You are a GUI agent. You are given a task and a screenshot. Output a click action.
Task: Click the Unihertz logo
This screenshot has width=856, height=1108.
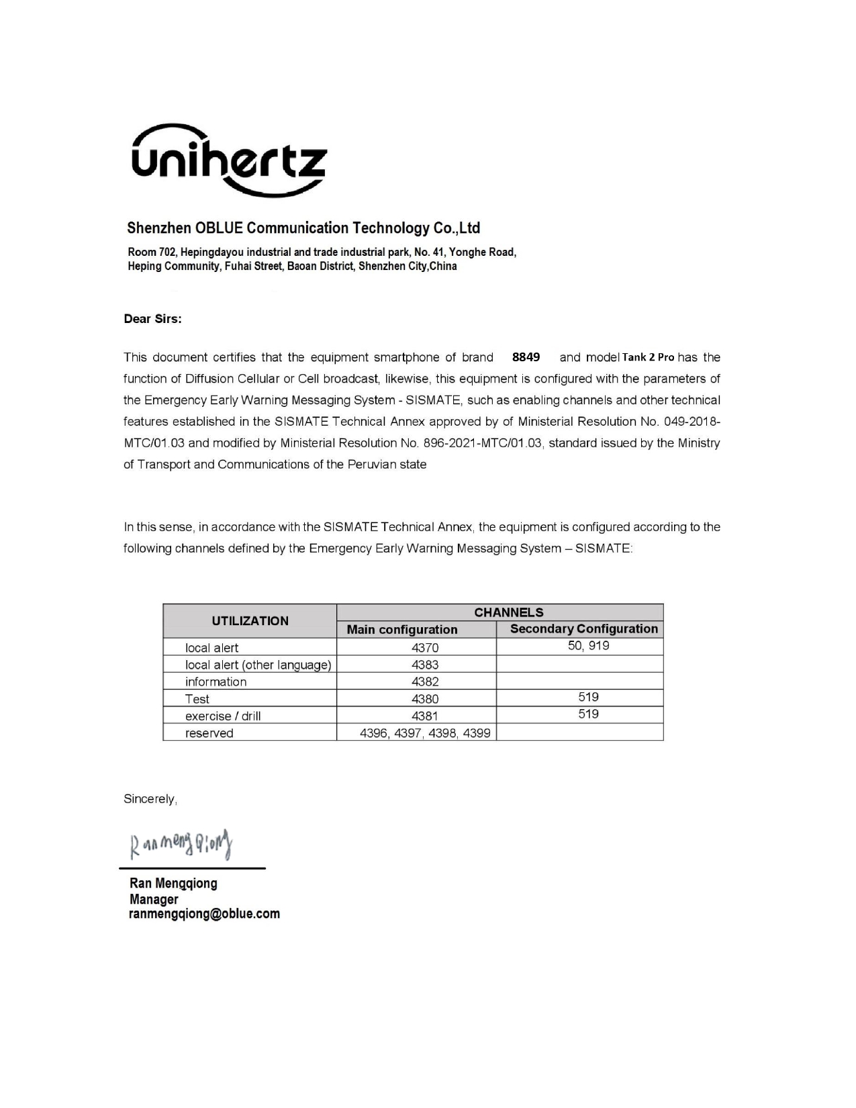click(x=228, y=161)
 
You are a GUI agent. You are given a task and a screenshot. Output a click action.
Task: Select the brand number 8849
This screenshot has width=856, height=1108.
click(x=526, y=357)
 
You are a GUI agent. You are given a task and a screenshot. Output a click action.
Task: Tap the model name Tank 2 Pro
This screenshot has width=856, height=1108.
click(x=648, y=357)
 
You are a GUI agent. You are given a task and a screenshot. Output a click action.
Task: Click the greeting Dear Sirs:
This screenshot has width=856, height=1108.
click(x=152, y=319)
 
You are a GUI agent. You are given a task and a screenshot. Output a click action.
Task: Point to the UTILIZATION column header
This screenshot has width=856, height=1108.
click(x=250, y=621)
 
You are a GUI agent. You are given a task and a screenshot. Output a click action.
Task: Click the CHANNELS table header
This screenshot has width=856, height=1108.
click(x=508, y=612)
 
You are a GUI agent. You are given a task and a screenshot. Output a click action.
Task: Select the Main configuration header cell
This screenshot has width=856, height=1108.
click(x=401, y=630)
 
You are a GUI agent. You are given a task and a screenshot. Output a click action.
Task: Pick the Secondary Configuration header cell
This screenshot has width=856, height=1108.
click(x=583, y=629)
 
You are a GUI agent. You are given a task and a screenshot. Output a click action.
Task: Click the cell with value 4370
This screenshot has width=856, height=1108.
click(x=424, y=648)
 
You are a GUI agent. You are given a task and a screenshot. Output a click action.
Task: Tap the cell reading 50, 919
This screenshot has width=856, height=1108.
click(x=588, y=646)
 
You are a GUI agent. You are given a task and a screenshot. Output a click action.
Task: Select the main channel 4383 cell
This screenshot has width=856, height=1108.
click(x=424, y=665)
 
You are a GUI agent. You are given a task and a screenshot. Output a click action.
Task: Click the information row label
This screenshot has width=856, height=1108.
click(x=216, y=682)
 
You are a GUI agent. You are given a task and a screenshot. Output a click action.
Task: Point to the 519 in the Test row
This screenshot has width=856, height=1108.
click(x=588, y=697)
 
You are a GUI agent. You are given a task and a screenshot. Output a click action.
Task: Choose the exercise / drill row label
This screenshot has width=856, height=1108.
click(x=223, y=717)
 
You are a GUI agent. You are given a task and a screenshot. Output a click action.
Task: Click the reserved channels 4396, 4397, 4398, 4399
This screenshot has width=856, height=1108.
click(x=425, y=733)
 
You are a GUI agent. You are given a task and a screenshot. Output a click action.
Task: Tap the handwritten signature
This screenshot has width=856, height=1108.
click(x=181, y=844)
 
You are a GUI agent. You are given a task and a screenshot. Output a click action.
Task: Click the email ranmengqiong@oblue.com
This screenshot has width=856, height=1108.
click(x=204, y=914)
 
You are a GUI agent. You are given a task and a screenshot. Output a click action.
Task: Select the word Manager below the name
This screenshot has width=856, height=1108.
click(x=154, y=899)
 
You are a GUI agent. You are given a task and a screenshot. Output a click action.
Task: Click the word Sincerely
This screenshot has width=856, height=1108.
click(x=150, y=799)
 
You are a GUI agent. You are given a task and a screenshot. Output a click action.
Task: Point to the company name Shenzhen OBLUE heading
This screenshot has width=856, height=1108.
click(x=303, y=228)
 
